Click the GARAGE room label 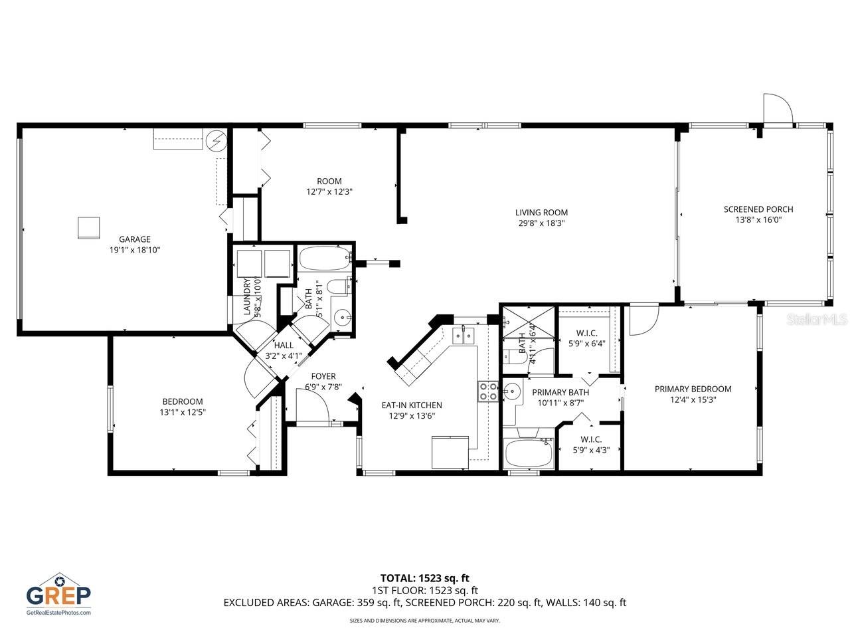coord(135,239)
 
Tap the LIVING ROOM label coord(541,213)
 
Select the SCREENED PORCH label coord(758,209)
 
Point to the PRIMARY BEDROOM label coord(693,389)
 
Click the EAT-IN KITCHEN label coord(411,405)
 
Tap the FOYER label coord(323,376)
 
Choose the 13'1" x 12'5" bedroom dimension coord(183,412)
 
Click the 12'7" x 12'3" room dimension coord(329,191)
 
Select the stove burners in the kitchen coord(488,392)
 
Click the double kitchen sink coord(465,336)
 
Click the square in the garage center coord(88,227)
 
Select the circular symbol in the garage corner coord(216,140)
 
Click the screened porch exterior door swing coord(777,110)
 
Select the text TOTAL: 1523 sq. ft coord(424,578)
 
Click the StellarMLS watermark coord(817,320)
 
